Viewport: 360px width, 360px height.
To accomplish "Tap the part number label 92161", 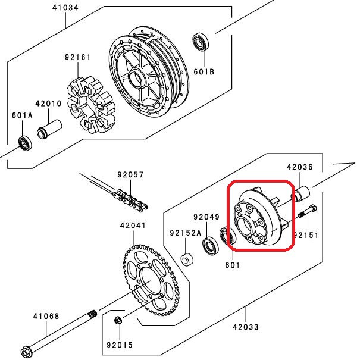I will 78,58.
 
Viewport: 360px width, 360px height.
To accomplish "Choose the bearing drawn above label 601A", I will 25,143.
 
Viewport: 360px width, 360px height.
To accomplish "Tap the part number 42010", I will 49,104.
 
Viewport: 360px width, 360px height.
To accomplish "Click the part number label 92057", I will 130,175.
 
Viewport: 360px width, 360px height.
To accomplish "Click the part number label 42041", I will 132,226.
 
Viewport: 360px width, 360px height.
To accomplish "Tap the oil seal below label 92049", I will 209,245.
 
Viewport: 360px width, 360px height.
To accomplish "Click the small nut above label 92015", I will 118,322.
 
